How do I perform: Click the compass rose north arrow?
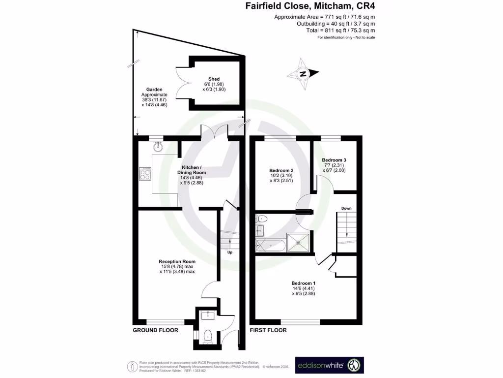pyautogui.click(x=303, y=74)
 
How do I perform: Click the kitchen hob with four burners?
pyautogui.click(x=145, y=174)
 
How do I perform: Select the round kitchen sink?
pyautogui.click(x=158, y=146)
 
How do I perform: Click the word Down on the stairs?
pyautogui.click(x=347, y=208)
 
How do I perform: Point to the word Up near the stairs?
pyautogui.click(x=229, y=252)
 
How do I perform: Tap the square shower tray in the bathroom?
pyautogui.click(x=299, y=241)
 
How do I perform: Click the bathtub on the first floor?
pyautogui.click(x=270, y=244)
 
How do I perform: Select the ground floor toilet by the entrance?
pyautogui.click(x=207, y=336)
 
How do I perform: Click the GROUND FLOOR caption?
pyautogui.click(x=155, y=330)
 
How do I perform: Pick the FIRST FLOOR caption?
pyautogui.click(x=268, y=330)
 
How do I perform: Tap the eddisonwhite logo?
pyautogui.click(x=329, y=366)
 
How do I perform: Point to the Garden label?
pyautogui.click(x=154, y=90)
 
